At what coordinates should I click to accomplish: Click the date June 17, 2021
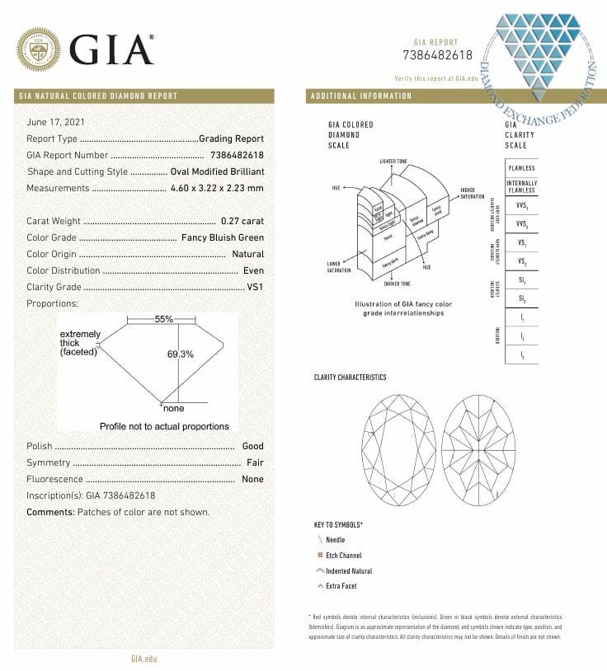[55, 122]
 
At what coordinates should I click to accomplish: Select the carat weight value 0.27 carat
[242, 221]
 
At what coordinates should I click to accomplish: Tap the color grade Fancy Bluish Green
[222, 237]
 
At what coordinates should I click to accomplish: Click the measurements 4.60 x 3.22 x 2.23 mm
[217, 188]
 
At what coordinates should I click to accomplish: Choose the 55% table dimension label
[162, 319]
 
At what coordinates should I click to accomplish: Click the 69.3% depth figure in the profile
[180, 354]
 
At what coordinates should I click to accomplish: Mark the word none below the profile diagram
[174, 409]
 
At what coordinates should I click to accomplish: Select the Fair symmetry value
[255, 462]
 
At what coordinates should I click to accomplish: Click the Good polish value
[253, 446]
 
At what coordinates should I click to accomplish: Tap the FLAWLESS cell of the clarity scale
[521, 168]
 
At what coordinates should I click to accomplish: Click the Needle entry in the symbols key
[335, 539]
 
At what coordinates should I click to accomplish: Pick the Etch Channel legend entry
[343, 555]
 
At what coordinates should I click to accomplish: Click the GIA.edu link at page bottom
[144, 658]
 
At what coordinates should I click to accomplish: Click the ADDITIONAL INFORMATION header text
[360, 96]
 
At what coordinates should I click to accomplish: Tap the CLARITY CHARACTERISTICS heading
[350, 378]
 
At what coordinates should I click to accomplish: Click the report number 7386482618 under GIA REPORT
[438, 56]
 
